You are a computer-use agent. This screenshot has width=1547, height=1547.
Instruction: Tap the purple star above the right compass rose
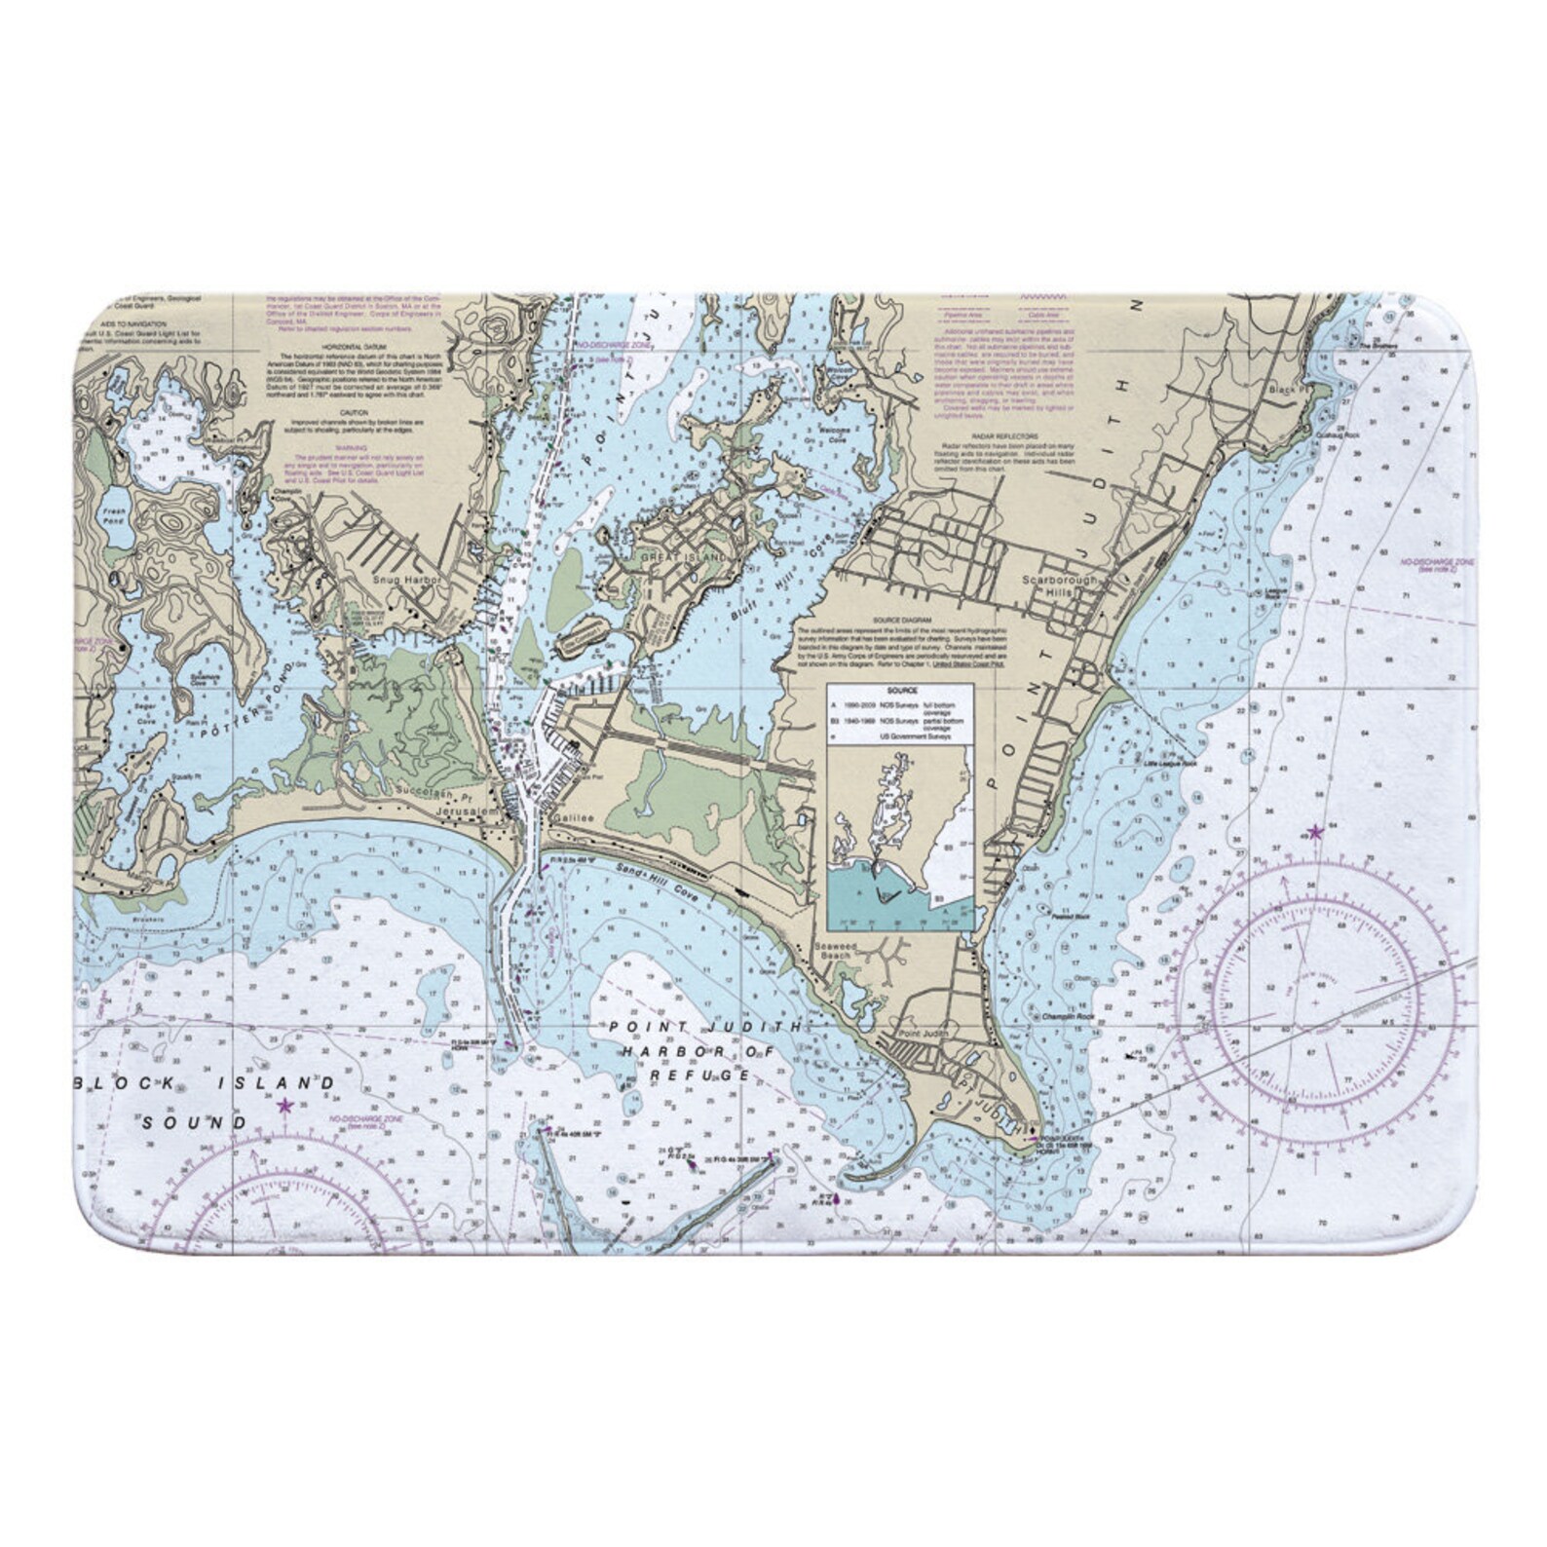pos(1315,833)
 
